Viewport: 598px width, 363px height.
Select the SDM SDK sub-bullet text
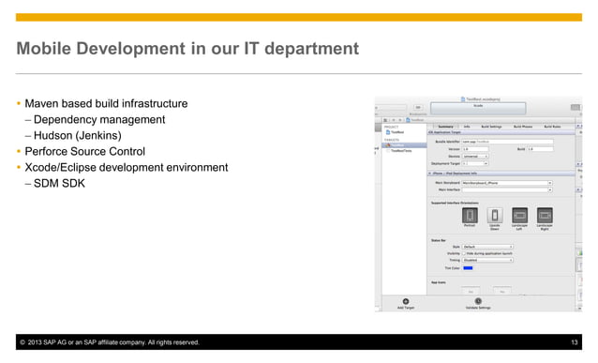tap(59, 184)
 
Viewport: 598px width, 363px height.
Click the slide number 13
tap(575, 343)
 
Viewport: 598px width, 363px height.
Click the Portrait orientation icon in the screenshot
tap(471, 215)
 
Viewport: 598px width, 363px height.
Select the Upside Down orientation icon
tap(495, 215)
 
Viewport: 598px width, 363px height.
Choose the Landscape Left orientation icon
tap(519, 215)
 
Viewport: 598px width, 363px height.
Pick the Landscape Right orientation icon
tap(544, 215)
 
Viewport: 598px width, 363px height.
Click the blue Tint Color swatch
tap(468, 267)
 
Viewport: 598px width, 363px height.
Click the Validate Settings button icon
tap(478, 300)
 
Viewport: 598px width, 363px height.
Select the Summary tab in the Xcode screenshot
tap(445, 127)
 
